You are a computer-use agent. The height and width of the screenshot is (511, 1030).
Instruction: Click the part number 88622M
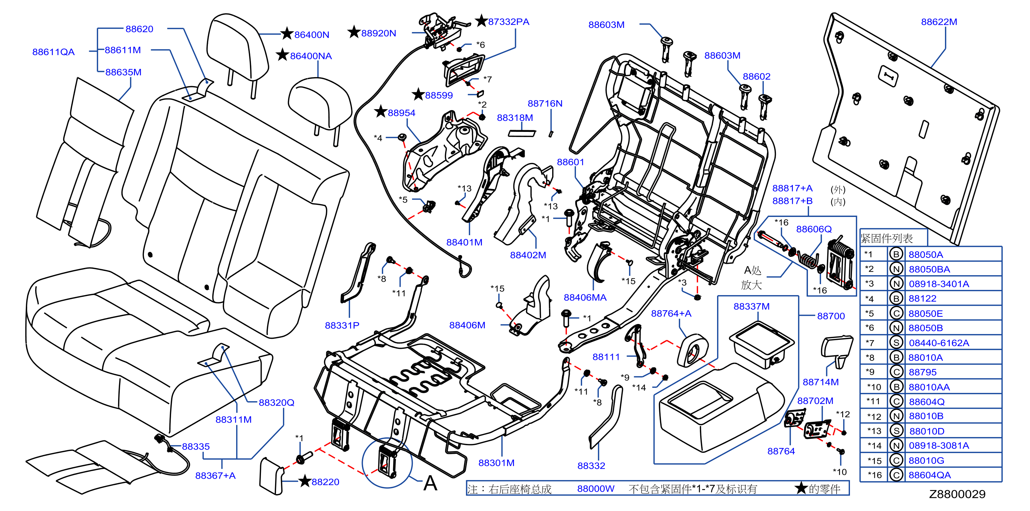point(939,22)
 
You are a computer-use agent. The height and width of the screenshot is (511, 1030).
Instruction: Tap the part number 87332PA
point(508,22)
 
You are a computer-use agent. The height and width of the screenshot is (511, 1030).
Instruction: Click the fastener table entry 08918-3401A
point(939,284)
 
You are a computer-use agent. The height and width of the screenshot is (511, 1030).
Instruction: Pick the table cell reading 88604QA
point(929,475)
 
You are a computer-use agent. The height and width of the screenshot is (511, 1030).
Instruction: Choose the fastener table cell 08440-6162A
point(939,343)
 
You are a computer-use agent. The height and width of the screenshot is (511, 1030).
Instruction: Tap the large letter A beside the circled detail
point(430,483)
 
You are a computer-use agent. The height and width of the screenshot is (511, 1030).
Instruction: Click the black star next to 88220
point(305,481)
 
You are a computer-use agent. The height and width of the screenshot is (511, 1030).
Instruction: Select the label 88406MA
point(585,298)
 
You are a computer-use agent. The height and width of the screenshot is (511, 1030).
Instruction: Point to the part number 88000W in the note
point(596,489)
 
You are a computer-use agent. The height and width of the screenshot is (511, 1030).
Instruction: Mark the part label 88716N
point(545,104)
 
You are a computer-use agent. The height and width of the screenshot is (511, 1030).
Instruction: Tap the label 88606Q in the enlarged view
point(814,229)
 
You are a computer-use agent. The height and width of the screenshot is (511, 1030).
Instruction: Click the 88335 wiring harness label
point(196,446)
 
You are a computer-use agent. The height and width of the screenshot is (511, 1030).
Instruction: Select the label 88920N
point(379,33)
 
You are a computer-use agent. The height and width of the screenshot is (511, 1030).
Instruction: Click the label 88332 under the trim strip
point(591,466)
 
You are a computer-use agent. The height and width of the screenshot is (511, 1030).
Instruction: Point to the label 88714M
point(820,382)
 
